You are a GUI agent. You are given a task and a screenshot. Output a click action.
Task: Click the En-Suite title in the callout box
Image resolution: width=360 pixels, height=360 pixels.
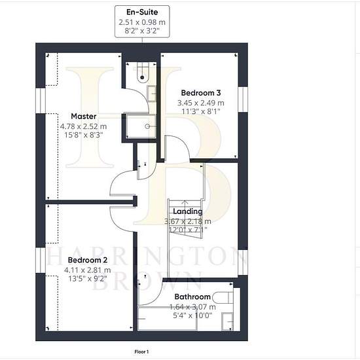pyautogui.click(x=142, y=12)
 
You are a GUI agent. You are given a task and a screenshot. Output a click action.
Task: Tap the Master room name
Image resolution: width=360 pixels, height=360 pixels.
pyautogui.click(x=84, y=116)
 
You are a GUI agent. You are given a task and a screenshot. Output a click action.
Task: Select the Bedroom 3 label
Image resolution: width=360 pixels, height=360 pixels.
pyautogui.click(x=201, y=93)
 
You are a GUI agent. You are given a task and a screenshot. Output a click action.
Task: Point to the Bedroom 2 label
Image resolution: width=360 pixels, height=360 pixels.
pyautogui.click(x=88, y=260)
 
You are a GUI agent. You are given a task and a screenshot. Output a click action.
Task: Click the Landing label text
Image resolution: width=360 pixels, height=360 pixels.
pyautogui.click(x=188, y=211)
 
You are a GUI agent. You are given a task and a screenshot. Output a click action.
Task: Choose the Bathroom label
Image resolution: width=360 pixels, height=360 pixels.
pyautogui.click(x=192, y=297)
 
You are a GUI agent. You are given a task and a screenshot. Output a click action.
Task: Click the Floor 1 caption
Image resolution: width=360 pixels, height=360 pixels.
pyautogui.click(x=141, y=351)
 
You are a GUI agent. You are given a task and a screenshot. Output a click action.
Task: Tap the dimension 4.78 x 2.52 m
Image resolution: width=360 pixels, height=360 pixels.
pyautogui.click(x=84, y=126)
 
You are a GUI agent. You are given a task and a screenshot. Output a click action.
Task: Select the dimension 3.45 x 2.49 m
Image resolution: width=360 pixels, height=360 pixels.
pyautogui.click(x=201, y=103)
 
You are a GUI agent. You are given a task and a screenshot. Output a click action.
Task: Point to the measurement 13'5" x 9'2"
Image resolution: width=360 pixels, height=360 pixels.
pyautogui.click(x=88, y=279)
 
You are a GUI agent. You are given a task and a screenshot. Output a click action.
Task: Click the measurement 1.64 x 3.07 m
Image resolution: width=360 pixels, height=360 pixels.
pyautogui.click(x=192, y=307)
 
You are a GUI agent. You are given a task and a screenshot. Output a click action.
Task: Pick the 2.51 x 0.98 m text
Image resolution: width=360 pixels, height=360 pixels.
pyautogui.click(x=142, y=22)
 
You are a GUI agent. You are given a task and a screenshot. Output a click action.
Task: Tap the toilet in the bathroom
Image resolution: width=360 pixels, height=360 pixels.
pyautogui.click(x=223, y=298)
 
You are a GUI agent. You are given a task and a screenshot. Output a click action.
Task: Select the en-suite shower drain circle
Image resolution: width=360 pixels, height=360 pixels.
pyautogui.click(x=147, y=126)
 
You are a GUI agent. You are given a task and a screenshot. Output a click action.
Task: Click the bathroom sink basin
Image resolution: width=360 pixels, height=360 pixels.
pyautogui.click(x=227, y=321)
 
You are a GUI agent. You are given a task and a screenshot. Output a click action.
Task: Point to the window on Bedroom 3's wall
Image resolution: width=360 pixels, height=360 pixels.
pyautogui.click(x=243, y=99)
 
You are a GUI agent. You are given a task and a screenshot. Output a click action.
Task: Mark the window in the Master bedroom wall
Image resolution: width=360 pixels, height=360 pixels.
pyautogui.click(x=41, y=101)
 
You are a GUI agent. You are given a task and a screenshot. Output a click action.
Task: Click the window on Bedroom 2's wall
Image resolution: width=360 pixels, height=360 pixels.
pyautogui.click(x=41, y=260)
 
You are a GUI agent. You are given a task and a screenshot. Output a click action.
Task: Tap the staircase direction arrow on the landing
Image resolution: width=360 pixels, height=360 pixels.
pyautogui.click(x=185, y=203)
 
